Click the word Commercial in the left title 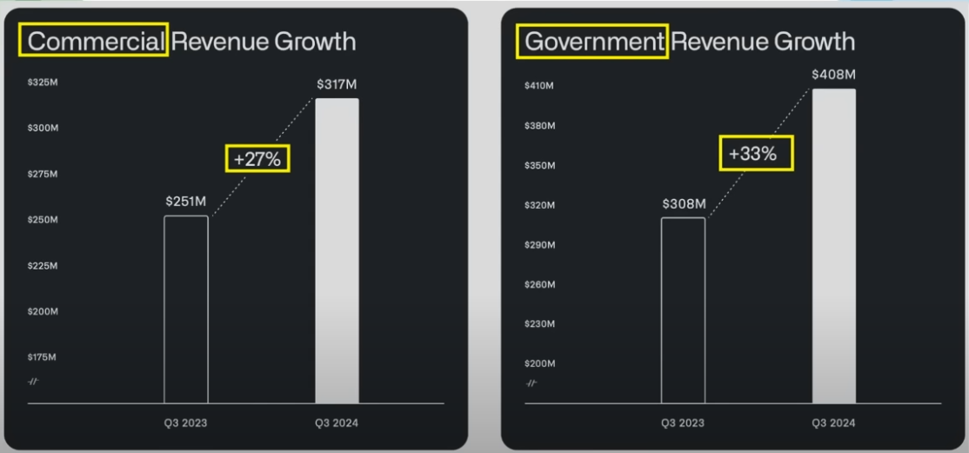click(x=96, y=41)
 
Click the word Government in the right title click(x=592, y=41)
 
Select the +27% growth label click(x=257, y=158)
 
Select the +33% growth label click(x=756, y=154)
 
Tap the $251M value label click(x=185, y=201)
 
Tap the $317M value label click(x=337, y=84)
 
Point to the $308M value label click(x=684, y=203)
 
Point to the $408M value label click(x=833, y=75)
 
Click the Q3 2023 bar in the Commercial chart click(x=186, y=309)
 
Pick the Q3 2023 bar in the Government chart click(x=683, y=310)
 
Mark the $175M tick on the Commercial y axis click(x=42, y=356)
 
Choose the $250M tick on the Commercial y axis click(x=42, y=220)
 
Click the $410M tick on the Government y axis click(x=539, y=86)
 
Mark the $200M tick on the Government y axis click(x=539, y=363)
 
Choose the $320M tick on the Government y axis click(x=539, y=205)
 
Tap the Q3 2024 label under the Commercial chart click(x=337, y=423)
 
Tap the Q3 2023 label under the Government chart click(x=683, y=423)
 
